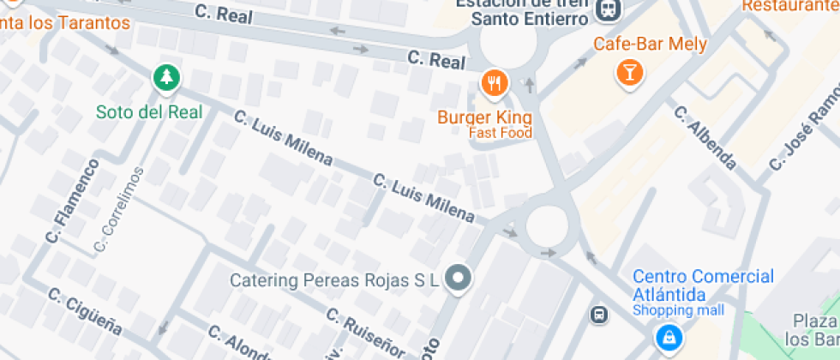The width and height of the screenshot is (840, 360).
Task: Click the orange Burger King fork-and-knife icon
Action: pyautogui.click(x=495, y=83)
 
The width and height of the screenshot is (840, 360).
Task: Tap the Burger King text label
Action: pyautogui.click(x=484, y=117)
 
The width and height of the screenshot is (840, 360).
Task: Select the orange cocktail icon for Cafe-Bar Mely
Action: pyautogui.click(x=630, y=72)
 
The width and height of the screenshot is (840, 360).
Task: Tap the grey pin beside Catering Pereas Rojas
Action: pyautogui.click(x=459, y=279)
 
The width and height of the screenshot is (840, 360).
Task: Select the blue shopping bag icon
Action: pyautogui.click(x=667, y=338)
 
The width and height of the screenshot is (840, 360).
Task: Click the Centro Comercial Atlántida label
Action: pyautogui.click(x=703, y=285)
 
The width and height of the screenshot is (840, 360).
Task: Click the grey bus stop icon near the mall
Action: pyautogui.click(x=599, y=315)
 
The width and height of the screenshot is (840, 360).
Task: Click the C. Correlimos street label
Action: pyautogui.click(x=118, y=211)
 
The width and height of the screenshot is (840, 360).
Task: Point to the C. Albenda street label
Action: pyautogui.click(x=705, y=137)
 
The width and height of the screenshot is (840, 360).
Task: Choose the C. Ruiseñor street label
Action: pyautogui.click(x=363, y=329)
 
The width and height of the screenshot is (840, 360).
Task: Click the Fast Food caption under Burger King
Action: pyautogui.click(x=500, y=133)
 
